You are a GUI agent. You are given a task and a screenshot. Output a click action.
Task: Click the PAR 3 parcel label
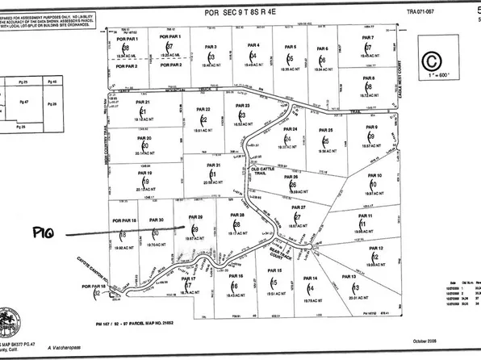(211, 48)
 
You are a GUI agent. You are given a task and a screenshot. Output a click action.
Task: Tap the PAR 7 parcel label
(367, 38)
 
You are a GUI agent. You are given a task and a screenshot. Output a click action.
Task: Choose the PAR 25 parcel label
(326, 130)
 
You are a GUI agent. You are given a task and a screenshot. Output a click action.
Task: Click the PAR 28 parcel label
(236, 216)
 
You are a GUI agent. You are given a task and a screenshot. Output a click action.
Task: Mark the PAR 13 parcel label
(349, 277)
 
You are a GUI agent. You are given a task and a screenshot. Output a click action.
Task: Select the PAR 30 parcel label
(157, 220)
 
